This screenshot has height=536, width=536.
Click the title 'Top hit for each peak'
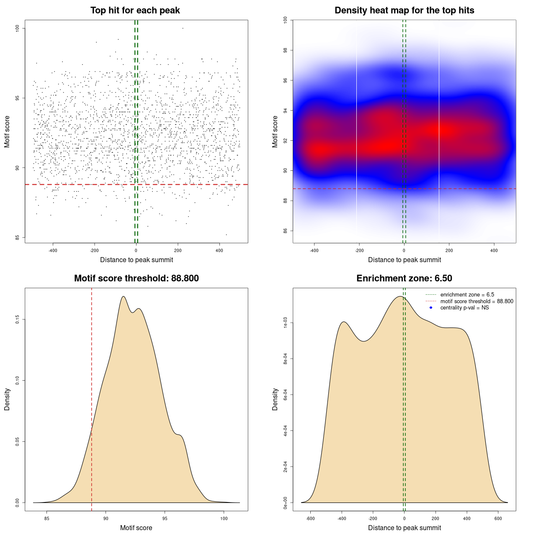tap(135, 10)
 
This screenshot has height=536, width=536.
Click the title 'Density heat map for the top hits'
tap(404, 10)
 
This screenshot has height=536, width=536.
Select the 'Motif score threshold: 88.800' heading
tap(136, 278)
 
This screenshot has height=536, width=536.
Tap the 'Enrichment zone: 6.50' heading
tap(404, 278)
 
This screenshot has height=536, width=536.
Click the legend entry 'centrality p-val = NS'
tap(464, 308)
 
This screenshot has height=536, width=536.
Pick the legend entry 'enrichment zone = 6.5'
tap(467, 295)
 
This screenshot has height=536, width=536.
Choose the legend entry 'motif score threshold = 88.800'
tap(477, 301)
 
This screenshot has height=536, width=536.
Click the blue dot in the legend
tap(431, 308)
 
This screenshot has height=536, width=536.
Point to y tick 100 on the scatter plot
tap(18, 28)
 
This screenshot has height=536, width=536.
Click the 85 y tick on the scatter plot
tap(18, 237)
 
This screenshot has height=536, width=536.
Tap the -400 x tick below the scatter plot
tap(53, 250)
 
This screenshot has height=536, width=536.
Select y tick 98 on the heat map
tap(285, 50)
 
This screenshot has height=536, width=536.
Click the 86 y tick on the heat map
tap(285, 231)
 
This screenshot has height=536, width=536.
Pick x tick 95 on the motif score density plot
tap(165, 518)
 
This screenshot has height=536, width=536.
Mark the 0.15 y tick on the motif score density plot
tap(18, 320)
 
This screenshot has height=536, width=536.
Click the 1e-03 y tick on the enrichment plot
tap(285, 323)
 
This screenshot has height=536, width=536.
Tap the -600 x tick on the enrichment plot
tap(310, 518)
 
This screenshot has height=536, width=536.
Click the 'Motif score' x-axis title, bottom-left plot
tap(136, 528)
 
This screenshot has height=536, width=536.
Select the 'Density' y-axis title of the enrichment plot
tap(275, 399)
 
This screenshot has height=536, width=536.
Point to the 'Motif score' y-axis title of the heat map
tap(275, 131)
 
